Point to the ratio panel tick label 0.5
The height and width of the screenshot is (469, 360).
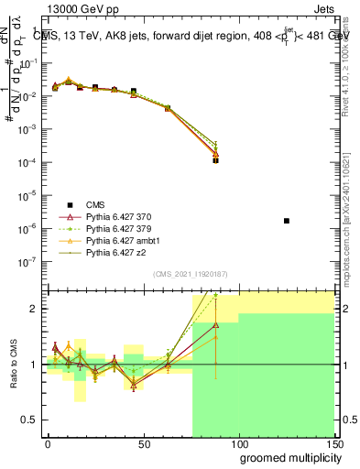coord(30,421)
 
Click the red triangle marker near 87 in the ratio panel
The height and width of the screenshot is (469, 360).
coord(215,324)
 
